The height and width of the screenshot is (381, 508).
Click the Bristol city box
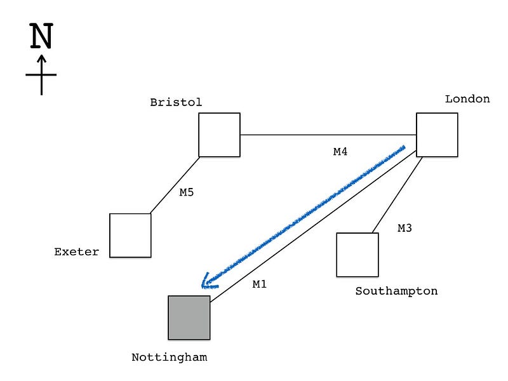pos(219,135)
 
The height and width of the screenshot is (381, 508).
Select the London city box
pos(437,135)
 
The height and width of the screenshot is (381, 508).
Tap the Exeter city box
pos(130,235)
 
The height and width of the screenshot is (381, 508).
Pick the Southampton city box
pos(357,255)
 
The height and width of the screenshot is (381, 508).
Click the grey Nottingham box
pos(189,317)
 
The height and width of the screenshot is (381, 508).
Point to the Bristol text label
pos(176,102)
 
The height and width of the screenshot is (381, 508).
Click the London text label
pos(467,99)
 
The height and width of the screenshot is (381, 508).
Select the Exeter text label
pos(77,252)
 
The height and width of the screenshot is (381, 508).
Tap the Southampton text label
pos(396,291)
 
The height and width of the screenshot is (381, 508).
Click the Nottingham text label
pos(169,357)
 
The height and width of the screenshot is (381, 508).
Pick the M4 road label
pos(341,152)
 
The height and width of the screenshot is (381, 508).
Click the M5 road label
pos(186,192)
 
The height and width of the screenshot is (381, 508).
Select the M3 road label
pos(404,228)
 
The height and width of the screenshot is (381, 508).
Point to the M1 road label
pos(260,284)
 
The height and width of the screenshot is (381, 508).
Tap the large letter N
pos(41,37)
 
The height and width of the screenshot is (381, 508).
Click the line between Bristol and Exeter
pos(175,185)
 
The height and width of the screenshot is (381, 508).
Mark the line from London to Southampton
pos(397,195)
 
